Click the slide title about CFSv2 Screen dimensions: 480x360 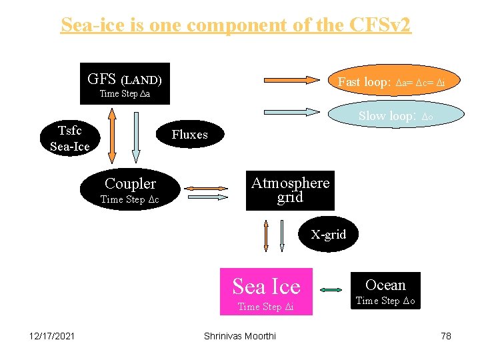pos(236,25)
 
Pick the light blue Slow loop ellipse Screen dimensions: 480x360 pos(396,116)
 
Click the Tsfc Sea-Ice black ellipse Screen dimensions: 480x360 pos(69,137)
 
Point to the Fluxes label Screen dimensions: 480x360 pos(189,135)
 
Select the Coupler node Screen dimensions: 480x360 pos(130,189)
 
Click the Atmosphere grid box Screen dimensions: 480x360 pos(290,190)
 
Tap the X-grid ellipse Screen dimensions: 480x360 pos(328,235)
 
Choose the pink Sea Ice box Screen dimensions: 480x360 pos(266,292)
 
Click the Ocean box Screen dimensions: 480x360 pos(385,291)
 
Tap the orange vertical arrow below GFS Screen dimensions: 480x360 pos(112,137)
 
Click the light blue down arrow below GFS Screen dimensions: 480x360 pos(136,137)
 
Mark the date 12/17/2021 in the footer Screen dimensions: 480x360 pos(52,336)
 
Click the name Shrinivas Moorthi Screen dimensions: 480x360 pos(239,336)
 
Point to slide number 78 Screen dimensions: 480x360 pos(446,336)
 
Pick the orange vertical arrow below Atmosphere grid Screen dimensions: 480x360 pos(266,237)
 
